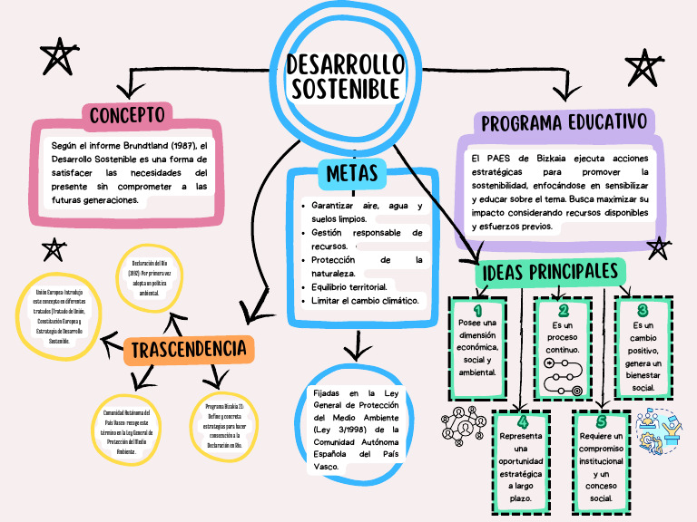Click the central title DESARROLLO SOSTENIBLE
point(345,76)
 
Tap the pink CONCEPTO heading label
point(127,115)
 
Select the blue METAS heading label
point(352,172)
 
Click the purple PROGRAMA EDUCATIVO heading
point(564,122)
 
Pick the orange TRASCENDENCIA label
point(189,349)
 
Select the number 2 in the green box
point(563,311)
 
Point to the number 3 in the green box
point(643,310)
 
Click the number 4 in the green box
point(522,422)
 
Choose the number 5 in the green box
point(601,422)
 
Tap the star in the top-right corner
point(643,69)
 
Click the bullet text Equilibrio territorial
point(348,286)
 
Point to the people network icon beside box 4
point(464,424)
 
